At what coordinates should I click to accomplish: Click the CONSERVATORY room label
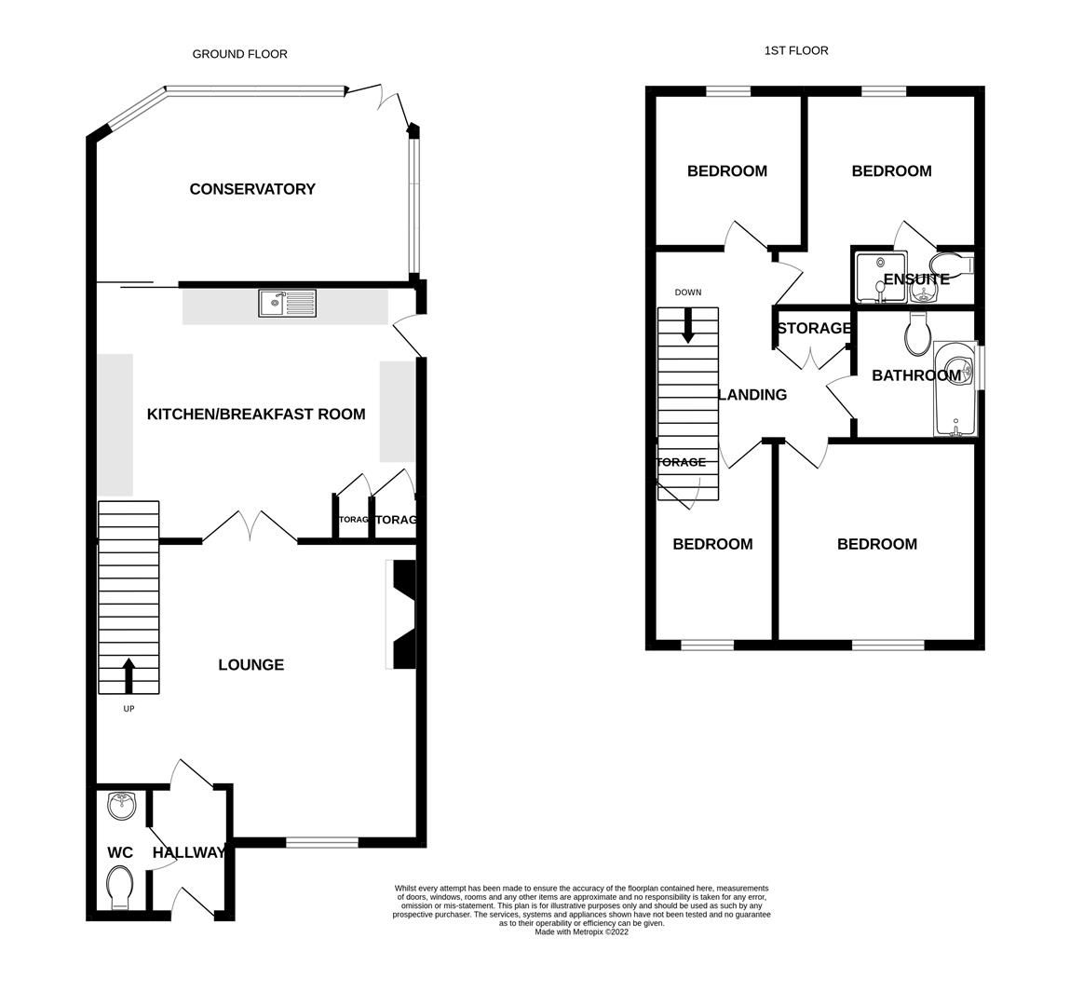click(x=252, y=189)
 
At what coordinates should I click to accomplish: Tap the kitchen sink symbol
click(x=288, y=302)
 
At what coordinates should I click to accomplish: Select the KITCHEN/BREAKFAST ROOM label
click(x=256, y=414)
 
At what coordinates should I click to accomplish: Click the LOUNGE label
click(x=251, y=665)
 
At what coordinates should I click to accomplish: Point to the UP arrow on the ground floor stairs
click(x=129, y=675)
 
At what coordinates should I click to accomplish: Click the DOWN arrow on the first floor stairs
click(x=688, y=325)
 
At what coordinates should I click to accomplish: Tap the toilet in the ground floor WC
click(x=121, y=886)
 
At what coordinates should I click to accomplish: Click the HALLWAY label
click(x=189, y=852)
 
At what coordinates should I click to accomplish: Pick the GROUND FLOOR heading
click(x=239, y=54)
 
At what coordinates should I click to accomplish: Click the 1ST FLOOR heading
click(x=795, y=50)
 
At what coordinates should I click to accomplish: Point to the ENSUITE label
click(x=916, y=279)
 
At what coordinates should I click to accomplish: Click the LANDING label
click(x=752, y=395)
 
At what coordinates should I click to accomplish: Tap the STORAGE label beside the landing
click(x=813, y=328)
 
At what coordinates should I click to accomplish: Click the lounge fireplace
click(x=402, y=615)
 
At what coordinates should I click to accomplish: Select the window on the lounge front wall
click(x=322, y=842)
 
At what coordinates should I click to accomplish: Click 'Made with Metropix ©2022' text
click(x=581, y=931)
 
